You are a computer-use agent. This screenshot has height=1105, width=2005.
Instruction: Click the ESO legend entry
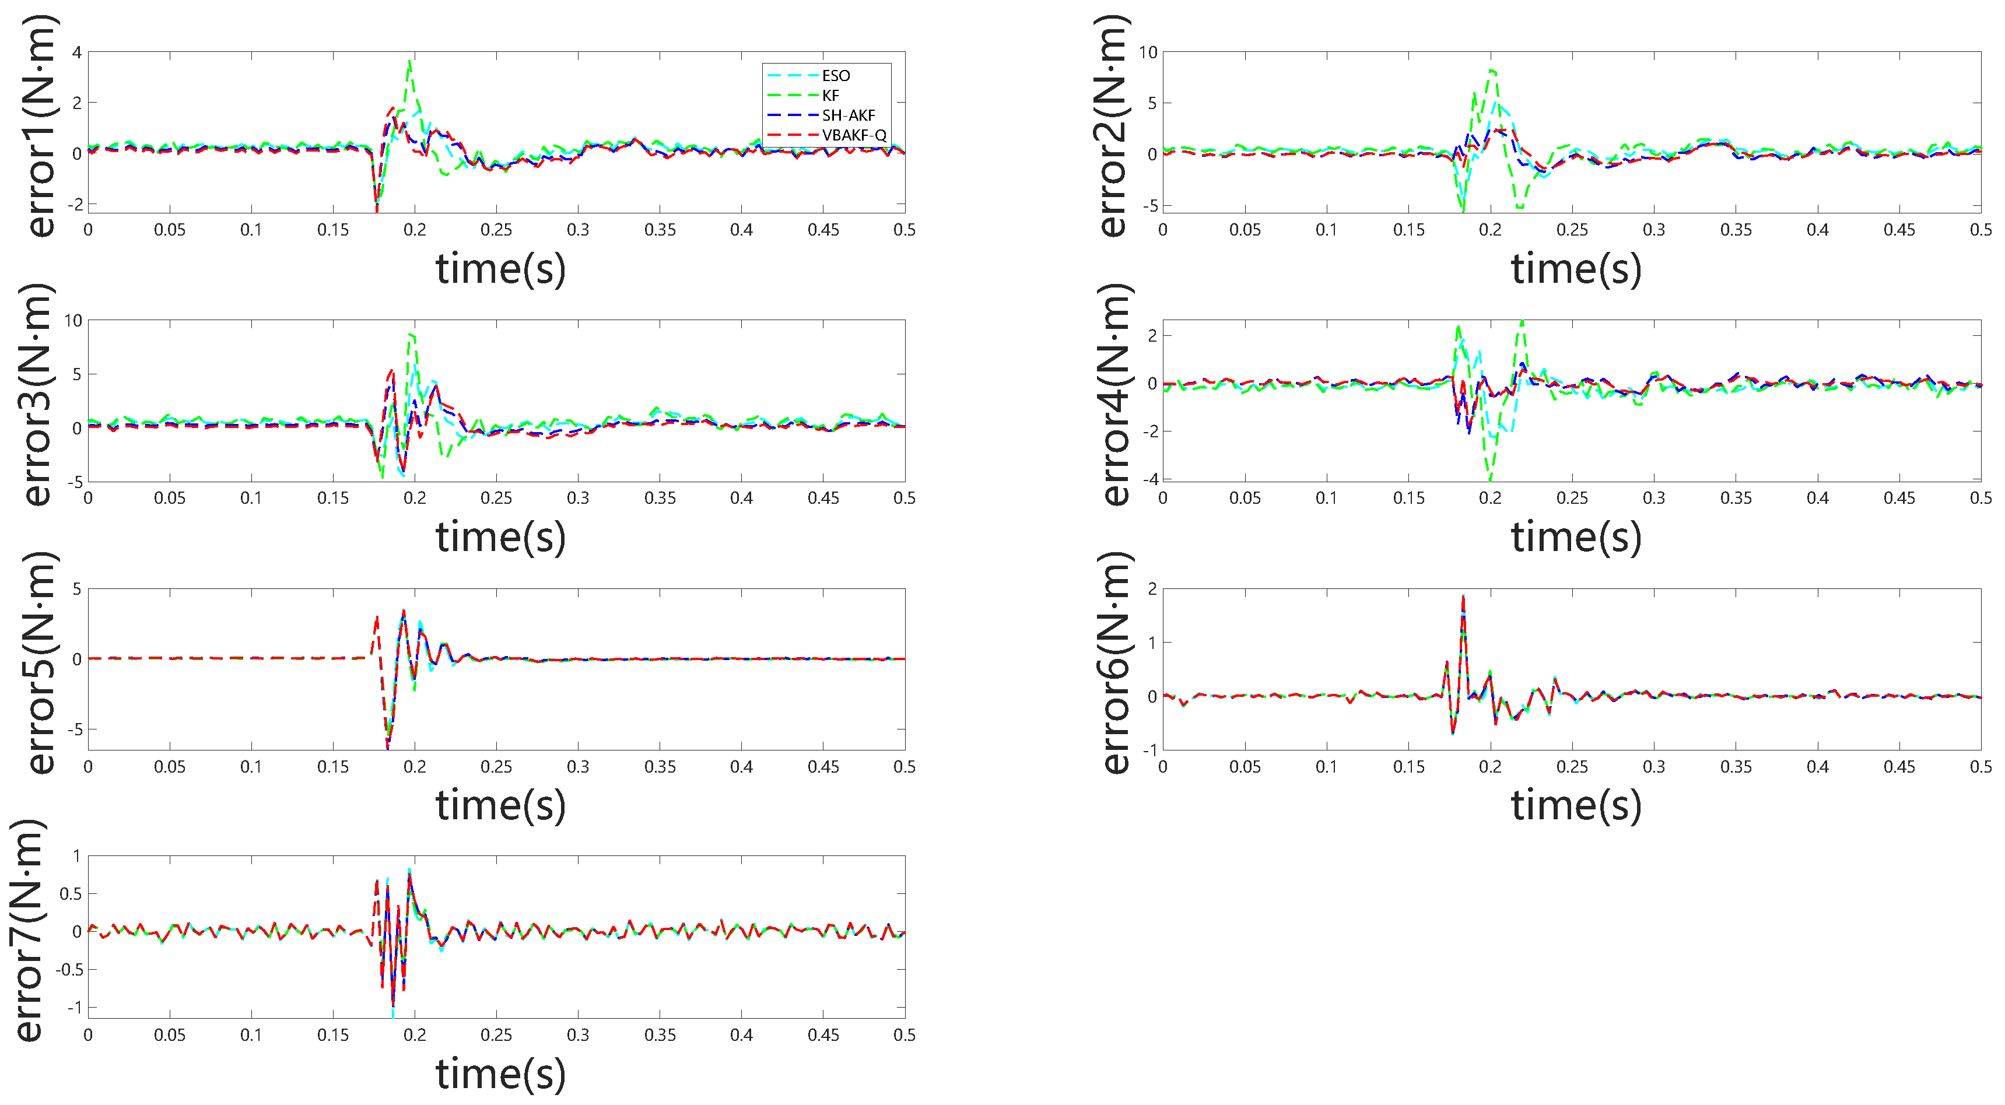point(835,75)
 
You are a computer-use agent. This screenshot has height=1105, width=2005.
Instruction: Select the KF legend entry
point(830,95)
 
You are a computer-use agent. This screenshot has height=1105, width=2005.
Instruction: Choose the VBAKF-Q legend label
point(854,135)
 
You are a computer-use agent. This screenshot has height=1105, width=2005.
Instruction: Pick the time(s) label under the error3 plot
point(500,537)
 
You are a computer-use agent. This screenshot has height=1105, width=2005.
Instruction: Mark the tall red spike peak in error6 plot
point(1463,598)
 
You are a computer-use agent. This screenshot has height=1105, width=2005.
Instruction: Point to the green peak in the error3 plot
point(411,334)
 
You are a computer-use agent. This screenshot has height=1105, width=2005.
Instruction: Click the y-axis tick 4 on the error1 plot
point(76,52)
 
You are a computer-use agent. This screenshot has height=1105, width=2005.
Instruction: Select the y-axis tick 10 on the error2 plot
point(1148,52)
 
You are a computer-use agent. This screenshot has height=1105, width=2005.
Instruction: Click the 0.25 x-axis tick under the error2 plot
point(1572,230)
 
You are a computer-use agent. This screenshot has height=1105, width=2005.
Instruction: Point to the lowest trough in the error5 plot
point(388,745)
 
